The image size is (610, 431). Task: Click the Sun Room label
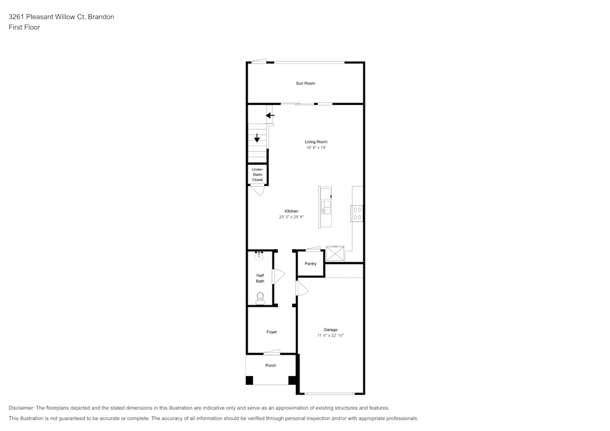[x=306, y=83]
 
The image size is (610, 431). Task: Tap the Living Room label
[x=316, y=142]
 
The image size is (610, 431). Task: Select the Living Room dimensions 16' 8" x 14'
[x=316, y=148]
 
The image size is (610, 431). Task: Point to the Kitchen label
[x=292, y=211]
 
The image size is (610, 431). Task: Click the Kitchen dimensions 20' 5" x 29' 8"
[x=291, y=217]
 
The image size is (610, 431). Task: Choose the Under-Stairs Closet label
[x=257, y=174]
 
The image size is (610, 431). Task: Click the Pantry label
[x=310, y=263]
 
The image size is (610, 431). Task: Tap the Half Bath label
[x=260, y=278]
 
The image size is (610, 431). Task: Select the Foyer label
[x=271, y=332]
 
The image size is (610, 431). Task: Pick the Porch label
[x=271, y=365]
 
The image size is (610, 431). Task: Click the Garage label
[x=330, y=330]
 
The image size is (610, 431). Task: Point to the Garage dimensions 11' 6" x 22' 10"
[x=330, y=335]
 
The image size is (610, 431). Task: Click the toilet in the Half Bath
[x=260, y=298]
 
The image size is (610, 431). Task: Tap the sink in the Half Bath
[x=259, y=255]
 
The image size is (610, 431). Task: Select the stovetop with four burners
[x=357, y=213]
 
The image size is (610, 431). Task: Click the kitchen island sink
[x=326, y=207]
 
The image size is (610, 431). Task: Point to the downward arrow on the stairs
[x=257, y=138]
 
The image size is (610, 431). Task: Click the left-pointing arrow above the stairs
[x=270, y=115]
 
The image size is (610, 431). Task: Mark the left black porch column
[x=249, y=380]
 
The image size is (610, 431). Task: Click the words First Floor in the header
[x=24, y=27]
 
